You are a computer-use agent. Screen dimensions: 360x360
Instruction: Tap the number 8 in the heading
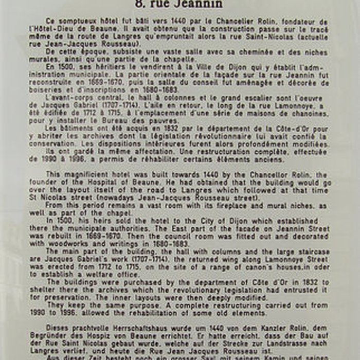point(139,4)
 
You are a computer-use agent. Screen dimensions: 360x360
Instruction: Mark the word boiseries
point(46,89)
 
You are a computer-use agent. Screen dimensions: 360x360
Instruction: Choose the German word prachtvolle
point(93,327)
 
